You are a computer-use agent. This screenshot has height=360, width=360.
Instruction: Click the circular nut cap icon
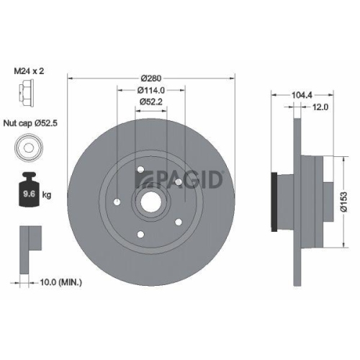pyautogui.click(x=26, y=149)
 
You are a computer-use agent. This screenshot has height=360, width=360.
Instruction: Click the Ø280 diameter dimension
pyautogui.click(x=151, y=77)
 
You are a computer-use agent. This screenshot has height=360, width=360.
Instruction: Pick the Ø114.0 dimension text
pyautogui.click(x=151, y=90)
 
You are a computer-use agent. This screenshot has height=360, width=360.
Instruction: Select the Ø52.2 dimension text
pyautogui.click(x=151, y=102)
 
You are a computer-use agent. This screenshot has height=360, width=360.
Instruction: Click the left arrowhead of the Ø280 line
pyautogui.click(x=69, y=77)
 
